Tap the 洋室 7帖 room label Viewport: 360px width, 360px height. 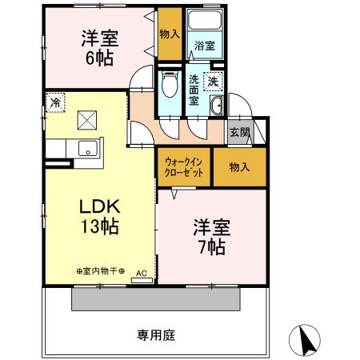(x=210, y=236)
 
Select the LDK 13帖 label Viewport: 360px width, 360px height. (x=98, y=215)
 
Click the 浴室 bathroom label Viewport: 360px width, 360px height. (x=203, y=46)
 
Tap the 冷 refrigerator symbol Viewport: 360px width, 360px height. (x=54, y=102)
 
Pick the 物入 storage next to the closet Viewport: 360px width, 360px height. (x=238, y=166)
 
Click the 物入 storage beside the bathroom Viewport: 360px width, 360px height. (x=169, y=34)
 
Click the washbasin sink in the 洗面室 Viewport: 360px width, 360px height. (x=216, y=107)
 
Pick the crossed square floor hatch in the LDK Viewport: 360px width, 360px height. (x=86, y=121)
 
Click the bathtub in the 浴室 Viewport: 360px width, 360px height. (x=203, y=23)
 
